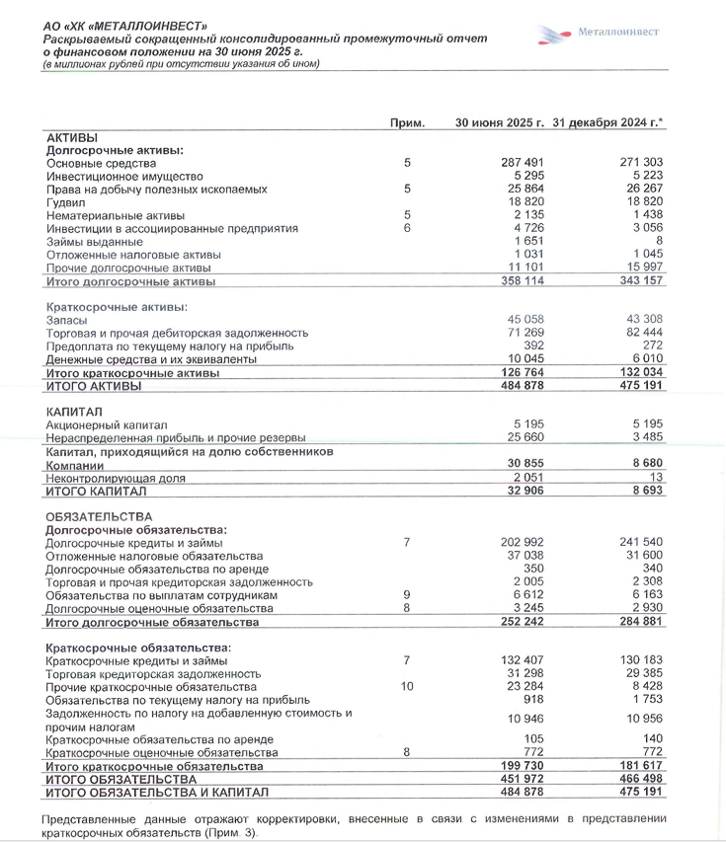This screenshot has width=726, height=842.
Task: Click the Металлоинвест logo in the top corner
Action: tap(599, 34)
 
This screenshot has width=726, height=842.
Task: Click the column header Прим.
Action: tap(407, 123)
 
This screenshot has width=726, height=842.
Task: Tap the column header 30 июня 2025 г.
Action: tap(500, 123)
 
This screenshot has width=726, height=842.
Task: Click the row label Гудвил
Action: tap(65, 201)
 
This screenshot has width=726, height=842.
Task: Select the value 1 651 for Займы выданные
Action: tap(530, 241)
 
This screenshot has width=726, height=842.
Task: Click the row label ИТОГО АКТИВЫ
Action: tap(95, 386)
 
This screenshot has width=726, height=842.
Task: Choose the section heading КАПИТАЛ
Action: tap(74, 411)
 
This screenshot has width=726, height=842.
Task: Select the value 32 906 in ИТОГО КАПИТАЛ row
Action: tap(525, 491)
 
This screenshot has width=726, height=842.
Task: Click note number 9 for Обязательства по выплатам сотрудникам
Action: tap(406, 595)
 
